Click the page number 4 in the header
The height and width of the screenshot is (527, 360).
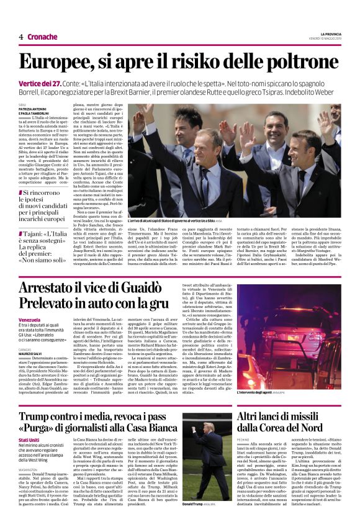pos(20,37)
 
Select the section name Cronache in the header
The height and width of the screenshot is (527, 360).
pos(42,37)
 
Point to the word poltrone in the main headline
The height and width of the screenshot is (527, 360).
pos(302,63)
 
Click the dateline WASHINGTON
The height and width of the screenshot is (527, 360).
pos(30,471)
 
